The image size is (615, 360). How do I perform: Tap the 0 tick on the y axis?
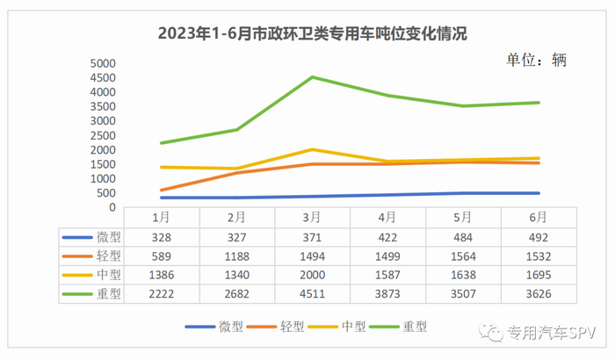click(112, 207)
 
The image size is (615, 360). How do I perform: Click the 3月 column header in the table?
click(312, 217)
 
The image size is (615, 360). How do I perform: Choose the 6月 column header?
click(539, 217)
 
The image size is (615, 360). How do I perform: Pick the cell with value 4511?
click(312, 293)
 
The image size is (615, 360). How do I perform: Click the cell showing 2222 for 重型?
click(161, 293)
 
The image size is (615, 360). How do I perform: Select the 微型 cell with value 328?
click(161, 237)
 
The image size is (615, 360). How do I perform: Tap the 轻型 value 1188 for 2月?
click(236, 256)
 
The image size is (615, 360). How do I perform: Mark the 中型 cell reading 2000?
click(312, 275)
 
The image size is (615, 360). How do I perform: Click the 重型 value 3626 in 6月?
click(539, 293)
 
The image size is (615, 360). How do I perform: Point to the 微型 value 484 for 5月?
click(463, 237)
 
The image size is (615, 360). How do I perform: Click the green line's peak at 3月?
click(312, 77)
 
